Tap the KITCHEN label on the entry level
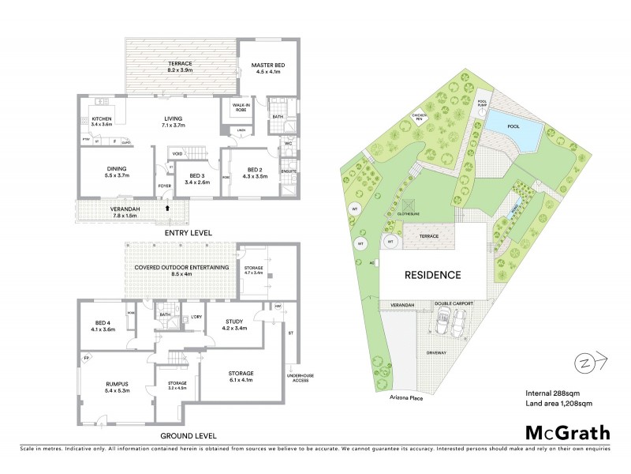tap(103, 121)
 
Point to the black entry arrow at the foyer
tap(166, 207)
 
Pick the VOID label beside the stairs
tap(178, 154)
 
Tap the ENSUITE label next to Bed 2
tap(288, 171)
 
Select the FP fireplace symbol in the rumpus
tap(86, 358)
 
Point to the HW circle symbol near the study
tap(278, 307)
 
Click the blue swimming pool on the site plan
tap(513, 125)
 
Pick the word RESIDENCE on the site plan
tap(433, 275)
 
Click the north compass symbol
tap(585, 363)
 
